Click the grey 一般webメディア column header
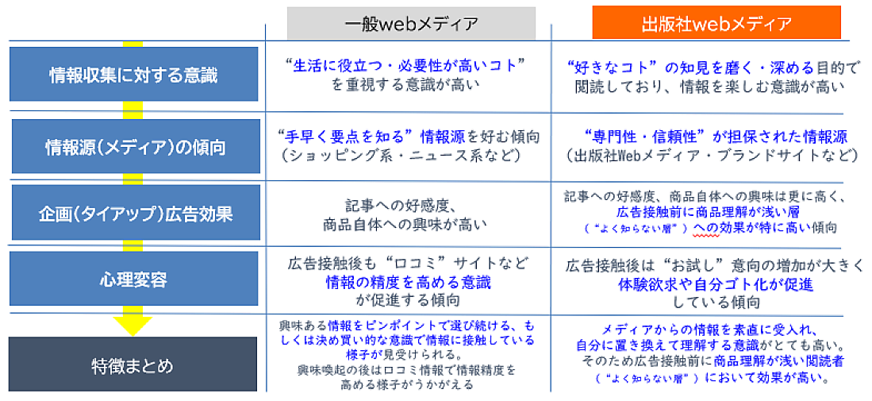[411, 23]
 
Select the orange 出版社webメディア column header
[716, 23]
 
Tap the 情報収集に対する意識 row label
[133, 75]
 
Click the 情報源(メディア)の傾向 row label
[136, 147]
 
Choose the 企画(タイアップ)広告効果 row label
[136, 213]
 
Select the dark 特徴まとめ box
[133, 364]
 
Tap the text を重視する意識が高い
[405, 86]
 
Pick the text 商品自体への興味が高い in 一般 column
[405, 226]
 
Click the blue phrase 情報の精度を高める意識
[408, 282]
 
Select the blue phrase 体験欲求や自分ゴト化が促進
[716, 285]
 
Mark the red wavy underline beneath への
[701, 235]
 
